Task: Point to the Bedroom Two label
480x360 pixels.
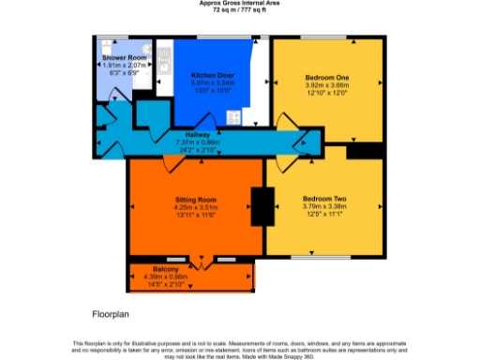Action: coord(324,199)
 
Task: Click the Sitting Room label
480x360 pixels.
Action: coord(196,200)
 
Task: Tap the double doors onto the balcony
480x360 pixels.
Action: coord(200,257)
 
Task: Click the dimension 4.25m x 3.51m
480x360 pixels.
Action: coord(196,208)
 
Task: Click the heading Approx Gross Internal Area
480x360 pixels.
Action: coord(239,3)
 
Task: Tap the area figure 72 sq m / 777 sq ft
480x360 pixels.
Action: coord(239,9)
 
